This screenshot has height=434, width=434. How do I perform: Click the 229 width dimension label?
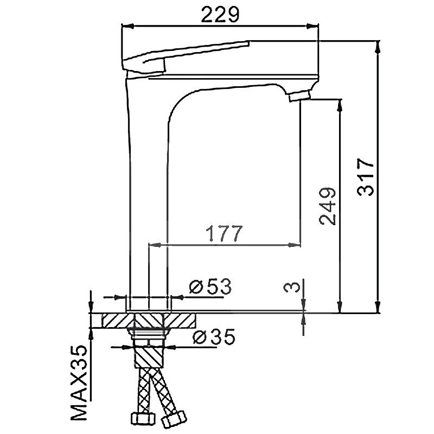coord(220,15)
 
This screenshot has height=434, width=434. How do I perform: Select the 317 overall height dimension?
coord(366,177)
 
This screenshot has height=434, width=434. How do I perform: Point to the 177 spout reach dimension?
coord(223,233)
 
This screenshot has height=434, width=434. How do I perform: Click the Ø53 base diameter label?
coord(210,286)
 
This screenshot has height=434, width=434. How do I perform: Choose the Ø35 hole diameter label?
coord(213,337)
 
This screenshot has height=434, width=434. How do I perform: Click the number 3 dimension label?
coord(291,286)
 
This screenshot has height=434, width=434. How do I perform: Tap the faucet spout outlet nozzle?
coord(299,97)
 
